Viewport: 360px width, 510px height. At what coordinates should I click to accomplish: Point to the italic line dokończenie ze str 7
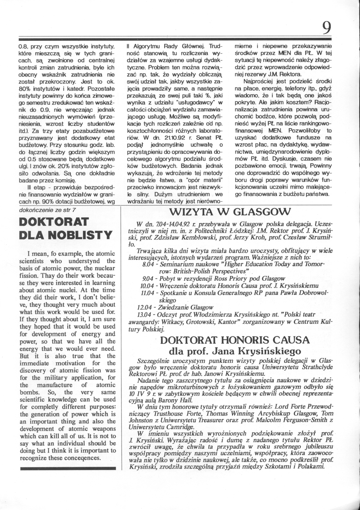pyautogui.click(x=48, y=210)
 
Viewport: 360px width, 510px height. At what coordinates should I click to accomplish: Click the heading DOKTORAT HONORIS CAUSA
pyautogui.click(x=235, y=340)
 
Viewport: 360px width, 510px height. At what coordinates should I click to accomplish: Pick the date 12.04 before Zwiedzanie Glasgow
pyautogui.click(x=144, y=307)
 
